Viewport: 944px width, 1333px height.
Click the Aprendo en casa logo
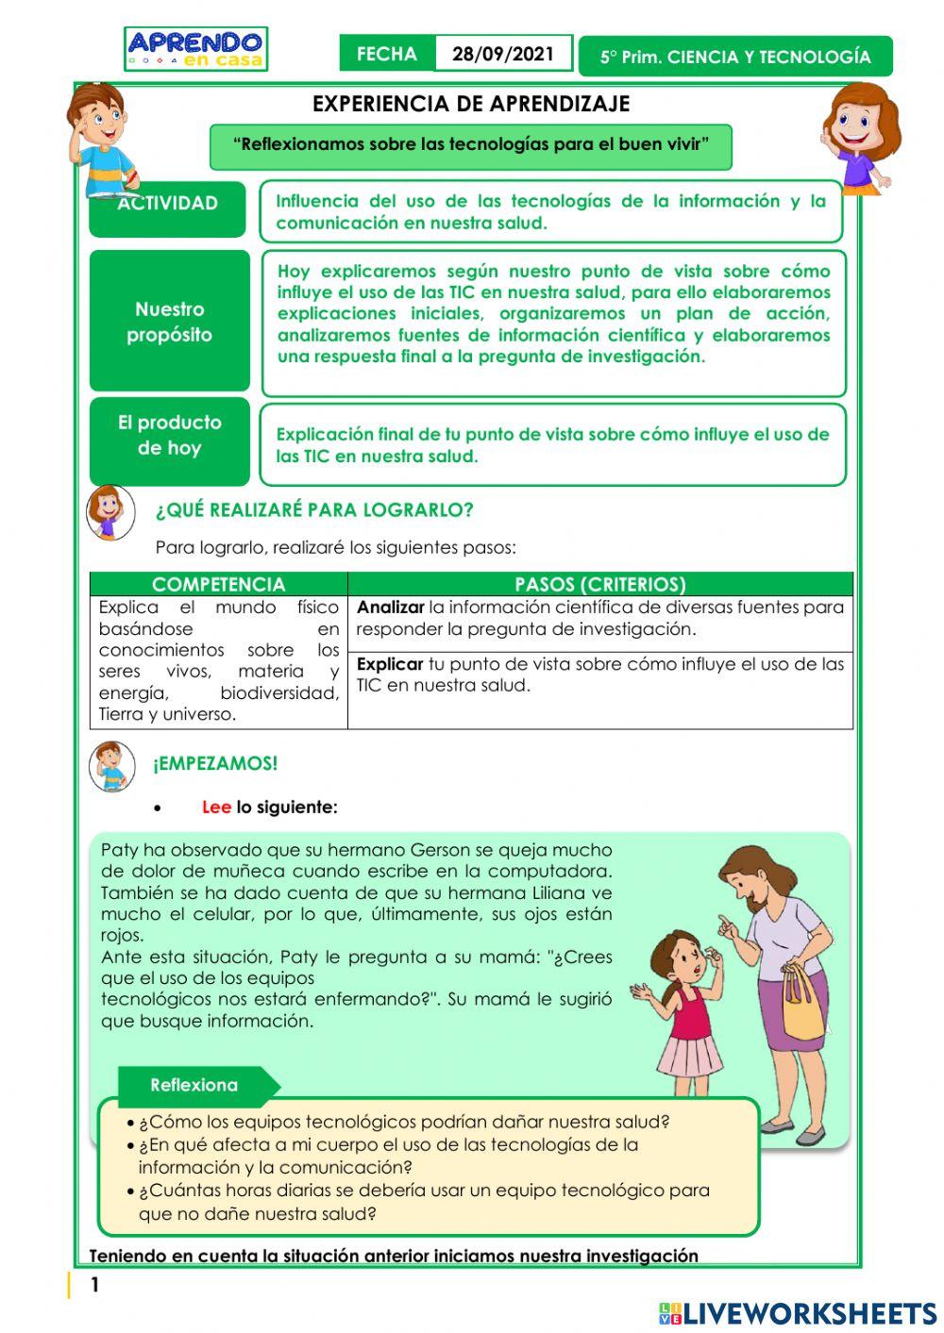[195, 49]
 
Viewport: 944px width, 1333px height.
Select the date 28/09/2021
[503, 54]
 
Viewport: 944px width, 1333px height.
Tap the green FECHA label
[387, 54]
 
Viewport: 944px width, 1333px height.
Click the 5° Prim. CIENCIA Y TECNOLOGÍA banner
[735, 57]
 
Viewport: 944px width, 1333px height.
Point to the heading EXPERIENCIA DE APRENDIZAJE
[471, 104]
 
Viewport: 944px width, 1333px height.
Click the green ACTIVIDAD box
[167, 208]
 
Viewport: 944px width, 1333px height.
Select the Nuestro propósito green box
[170, 322]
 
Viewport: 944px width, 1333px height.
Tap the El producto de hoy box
[170, 441]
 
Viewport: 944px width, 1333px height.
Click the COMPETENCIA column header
[218, 584]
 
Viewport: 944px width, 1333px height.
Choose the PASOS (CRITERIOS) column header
[600, 584]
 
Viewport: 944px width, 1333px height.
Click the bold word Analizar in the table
[390, 608]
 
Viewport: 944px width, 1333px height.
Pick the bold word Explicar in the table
[389, 664]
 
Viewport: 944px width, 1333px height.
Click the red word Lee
[216, 808]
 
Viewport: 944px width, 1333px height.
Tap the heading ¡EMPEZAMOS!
[215, 764]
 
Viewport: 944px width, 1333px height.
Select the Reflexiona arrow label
[195, 1085]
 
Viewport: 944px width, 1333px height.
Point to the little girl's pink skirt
[688, 1051]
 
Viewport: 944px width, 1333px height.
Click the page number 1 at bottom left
[94, 1285]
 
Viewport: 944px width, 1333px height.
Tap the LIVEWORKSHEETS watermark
[798, 1314]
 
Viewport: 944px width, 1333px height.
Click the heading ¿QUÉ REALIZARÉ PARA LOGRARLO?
[314, 510]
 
